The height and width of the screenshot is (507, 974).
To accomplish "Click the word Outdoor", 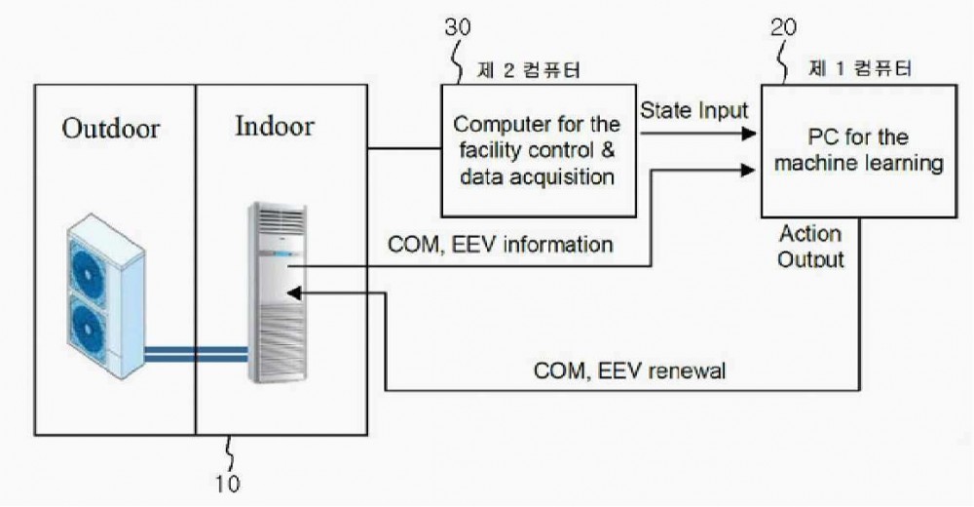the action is pos(111,128).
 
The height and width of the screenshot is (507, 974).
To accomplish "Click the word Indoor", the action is pos(275,126).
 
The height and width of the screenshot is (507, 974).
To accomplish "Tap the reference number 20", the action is pos(783,26).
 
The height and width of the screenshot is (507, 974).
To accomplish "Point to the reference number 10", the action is pos(227,484).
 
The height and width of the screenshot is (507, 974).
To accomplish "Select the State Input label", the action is pos(693,111).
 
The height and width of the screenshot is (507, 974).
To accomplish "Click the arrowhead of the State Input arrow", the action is pos(749,133).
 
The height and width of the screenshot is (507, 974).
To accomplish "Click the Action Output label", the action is pos(810,247).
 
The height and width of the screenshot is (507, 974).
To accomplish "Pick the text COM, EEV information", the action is pos(500,245).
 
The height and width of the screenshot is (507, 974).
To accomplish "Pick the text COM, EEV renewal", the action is pos(629,371).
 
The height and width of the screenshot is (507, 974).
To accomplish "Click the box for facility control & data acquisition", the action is pos(539,150).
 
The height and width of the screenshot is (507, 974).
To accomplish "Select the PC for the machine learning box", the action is pos(859,150).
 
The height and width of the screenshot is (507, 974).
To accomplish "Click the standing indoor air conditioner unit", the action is pos(277,292).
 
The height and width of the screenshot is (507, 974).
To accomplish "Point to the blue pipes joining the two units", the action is pos(196,354).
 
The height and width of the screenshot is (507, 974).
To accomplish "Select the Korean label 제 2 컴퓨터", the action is pos(529,69).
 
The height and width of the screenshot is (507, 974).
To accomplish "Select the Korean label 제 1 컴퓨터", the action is pos(860,67).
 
